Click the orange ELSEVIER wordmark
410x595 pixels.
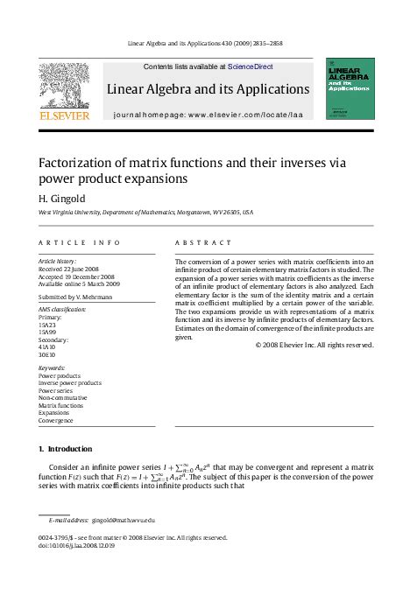(x=64, y=115)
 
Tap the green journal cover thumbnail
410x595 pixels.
(x=350, y=88)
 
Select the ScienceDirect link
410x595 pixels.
(x=250, y=66)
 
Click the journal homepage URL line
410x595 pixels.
(x=208, y=115)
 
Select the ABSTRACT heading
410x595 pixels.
(x=203, y=242)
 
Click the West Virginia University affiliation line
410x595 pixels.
(x=145, y=213)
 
